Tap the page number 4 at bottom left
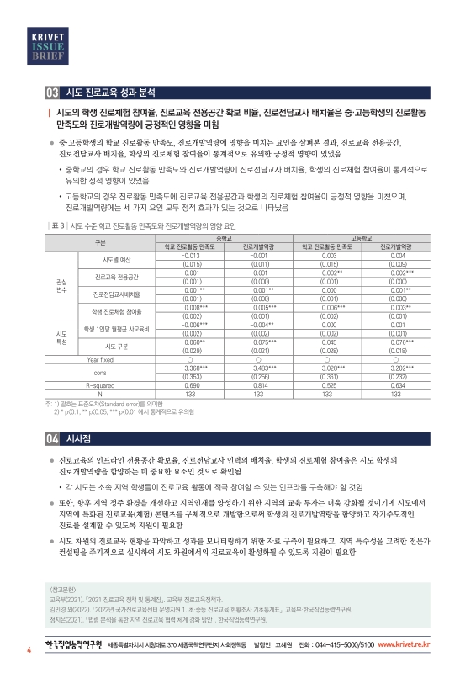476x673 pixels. click(29, 650)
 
